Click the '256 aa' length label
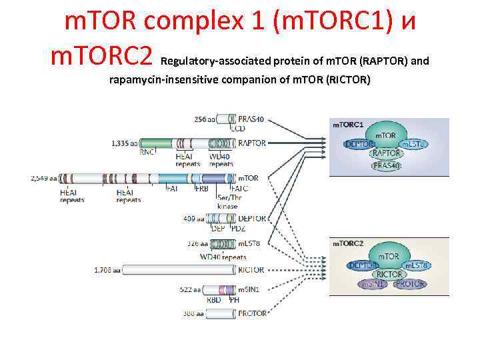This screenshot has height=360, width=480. click(x=205, y=119)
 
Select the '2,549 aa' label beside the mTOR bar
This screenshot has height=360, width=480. click(x=44, y=178)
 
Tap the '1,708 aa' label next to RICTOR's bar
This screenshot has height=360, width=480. click(x=107, y=270)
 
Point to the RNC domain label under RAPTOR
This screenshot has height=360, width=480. click(x=147, y=152)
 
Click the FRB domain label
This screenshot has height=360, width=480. click(x=201, y=189)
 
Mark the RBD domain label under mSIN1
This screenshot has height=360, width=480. click(x=213, y=300)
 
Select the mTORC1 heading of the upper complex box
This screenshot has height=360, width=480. click(x=347, y=125)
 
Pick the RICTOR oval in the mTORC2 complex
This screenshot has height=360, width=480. click(x=389, y=274)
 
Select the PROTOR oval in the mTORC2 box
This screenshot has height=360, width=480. click(x=410, y=284)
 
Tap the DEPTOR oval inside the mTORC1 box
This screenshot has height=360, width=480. click(x=360, y=143)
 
